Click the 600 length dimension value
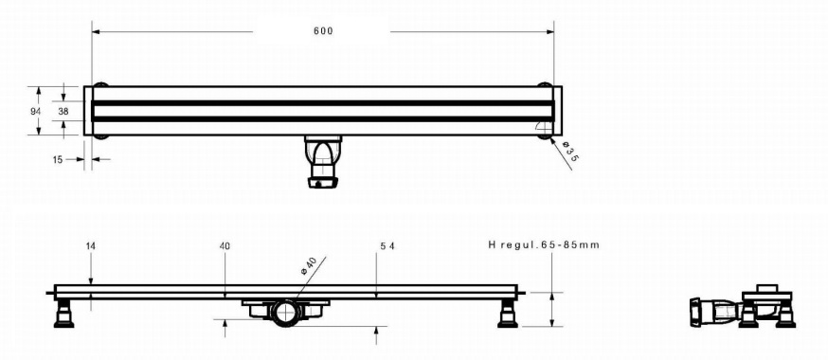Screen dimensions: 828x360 tap(323, 31)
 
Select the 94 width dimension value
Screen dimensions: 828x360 tap(36, 111)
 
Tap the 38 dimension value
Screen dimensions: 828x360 tap(63, 111)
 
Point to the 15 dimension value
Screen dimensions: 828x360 tap(58, 159)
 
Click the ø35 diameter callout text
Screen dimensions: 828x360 tap(568, 151)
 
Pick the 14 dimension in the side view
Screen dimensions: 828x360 tap(90, 246)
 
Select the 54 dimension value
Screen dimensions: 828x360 tap(387, 246)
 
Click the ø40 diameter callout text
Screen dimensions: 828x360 tap(309, 265)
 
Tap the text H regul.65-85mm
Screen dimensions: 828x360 tap(544, 245)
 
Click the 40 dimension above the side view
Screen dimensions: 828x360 tap(225, 246)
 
